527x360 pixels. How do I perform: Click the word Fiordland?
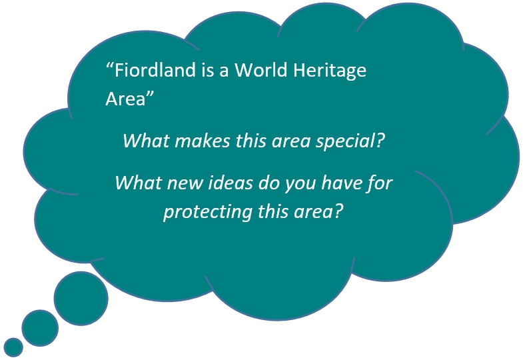(x=155, y=70)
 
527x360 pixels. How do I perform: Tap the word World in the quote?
(x=261, y=70)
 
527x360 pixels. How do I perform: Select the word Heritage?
(x=330, y=71)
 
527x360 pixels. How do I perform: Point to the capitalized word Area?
(x=125, y=99)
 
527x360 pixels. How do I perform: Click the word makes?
(x=203, y=141)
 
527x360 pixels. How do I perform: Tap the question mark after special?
(x=380, y=141)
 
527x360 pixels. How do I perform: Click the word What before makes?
(x=147, y=141)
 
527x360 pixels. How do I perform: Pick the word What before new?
(x=139, y=183)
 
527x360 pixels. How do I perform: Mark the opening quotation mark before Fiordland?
(x=109, y=65)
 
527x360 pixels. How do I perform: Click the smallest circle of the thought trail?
(x=13, y=347)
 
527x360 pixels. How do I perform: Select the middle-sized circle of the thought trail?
(x=40, y=328)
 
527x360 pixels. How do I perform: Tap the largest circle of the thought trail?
(x=81, y=299)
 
